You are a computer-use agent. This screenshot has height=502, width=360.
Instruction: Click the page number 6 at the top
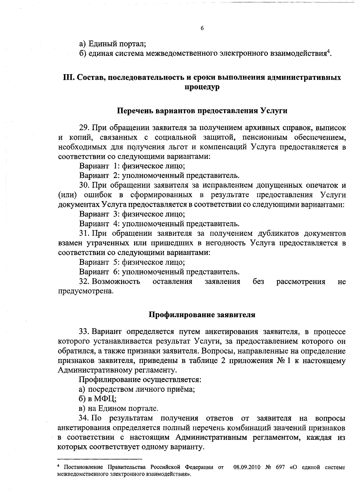pyautogui.click(x=202, y=28)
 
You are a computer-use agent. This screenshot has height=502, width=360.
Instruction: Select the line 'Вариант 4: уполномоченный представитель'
pyautogui.click(x=159, y=224)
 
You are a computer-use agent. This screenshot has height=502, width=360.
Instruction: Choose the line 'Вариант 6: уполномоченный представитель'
pyautogui.click(x=159, y=272)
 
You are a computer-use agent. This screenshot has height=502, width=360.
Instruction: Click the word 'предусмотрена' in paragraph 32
pyautogui.click(x=85, y=291)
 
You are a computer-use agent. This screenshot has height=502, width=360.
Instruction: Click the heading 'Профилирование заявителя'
pyautogui.click(x=202, y=315)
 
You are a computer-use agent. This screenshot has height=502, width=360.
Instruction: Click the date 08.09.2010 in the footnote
pyautogui.click(x=246, y=467)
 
